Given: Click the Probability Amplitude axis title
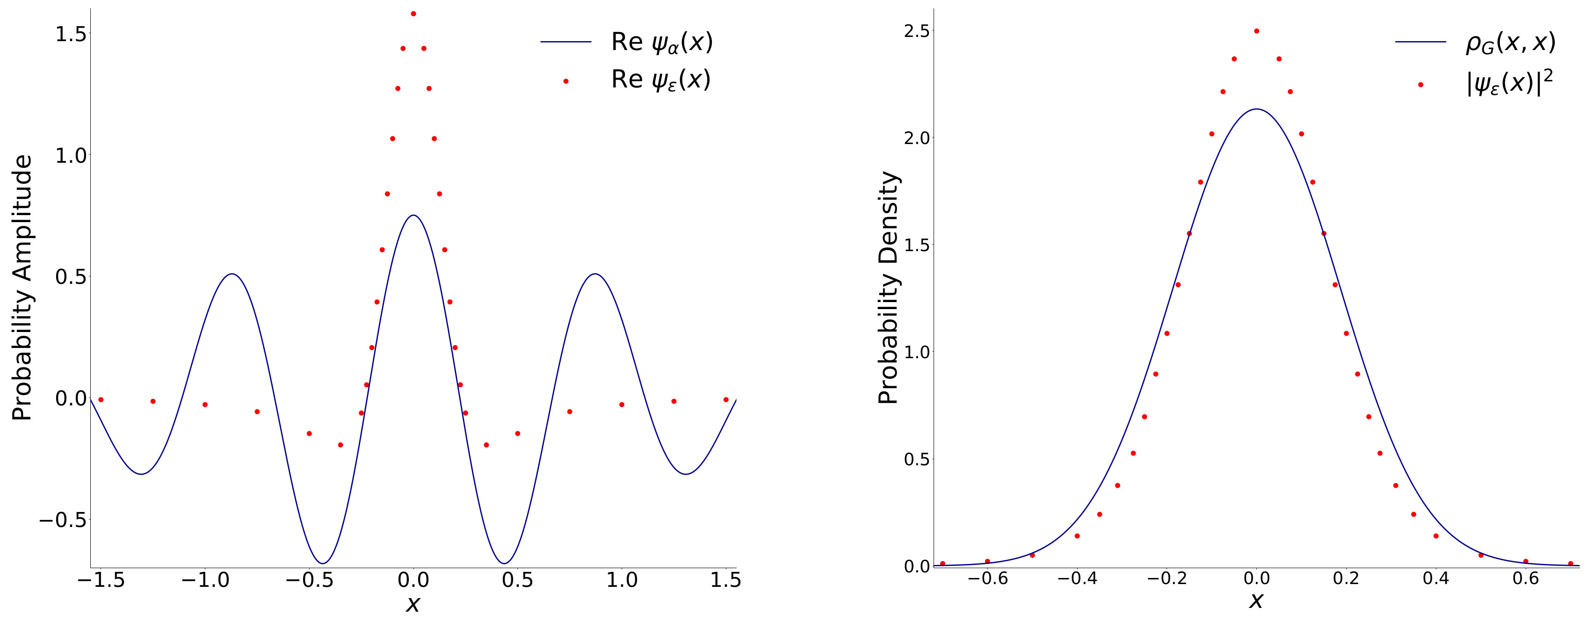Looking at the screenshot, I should coord(22,287).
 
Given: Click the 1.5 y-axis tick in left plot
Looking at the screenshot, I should coord(71,34).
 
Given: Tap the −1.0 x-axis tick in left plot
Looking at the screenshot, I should coord(205,580).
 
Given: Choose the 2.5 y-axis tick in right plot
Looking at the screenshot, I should coord(917,31).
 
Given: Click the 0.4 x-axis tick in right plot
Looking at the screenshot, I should coord(1436,578).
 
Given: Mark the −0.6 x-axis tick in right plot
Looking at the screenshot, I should coord(987,578).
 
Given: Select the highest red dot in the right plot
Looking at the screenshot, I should coord(1257,31).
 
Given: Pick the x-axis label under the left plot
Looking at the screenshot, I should coord(413,604).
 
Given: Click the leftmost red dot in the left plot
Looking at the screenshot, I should coord(101,400).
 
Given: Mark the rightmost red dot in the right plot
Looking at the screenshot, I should coord(1570,563).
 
